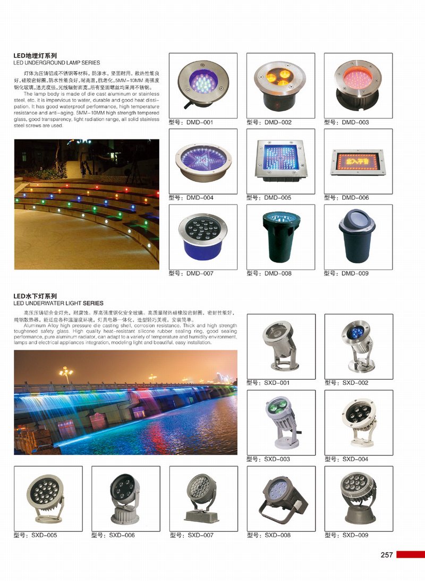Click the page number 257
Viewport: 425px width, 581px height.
(386, 554)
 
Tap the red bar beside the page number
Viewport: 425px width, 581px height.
(410, 554)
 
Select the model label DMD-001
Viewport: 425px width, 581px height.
(191, 122)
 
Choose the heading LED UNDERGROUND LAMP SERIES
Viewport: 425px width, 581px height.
(56, 63)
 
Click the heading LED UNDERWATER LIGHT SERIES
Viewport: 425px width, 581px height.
(58, 303)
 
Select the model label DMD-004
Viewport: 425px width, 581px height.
(191, 198)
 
